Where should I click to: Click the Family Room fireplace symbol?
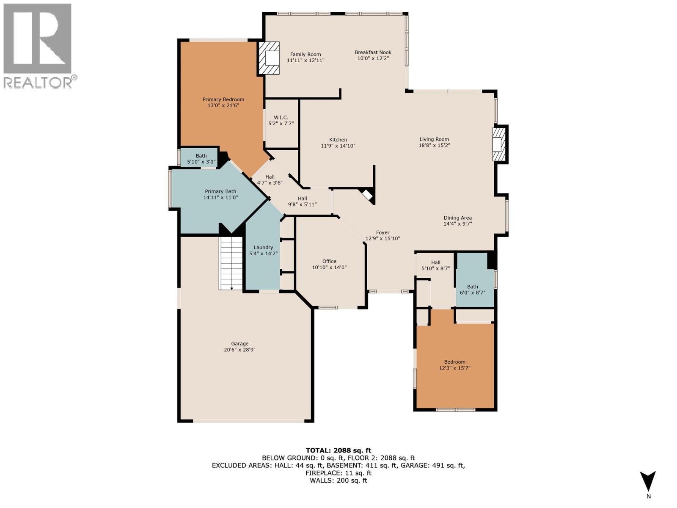click(270, 58)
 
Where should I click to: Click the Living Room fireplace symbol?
click(499, 144)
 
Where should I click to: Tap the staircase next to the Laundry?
click(231, 263)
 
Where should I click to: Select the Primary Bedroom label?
click(223, 99)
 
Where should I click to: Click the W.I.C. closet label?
click(281, 117)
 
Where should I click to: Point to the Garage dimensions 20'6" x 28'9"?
click(239, 350)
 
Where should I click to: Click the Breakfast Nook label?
click(373, 52)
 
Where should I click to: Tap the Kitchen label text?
click(338, 140)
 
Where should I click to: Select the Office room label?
click(329, 261)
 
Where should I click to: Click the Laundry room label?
click(263, 247)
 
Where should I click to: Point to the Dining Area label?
click(457, 218)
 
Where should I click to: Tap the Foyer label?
click(383, 232)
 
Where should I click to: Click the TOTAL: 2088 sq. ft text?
click(338, 450)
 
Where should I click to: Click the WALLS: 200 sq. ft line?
click(338, 480)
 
